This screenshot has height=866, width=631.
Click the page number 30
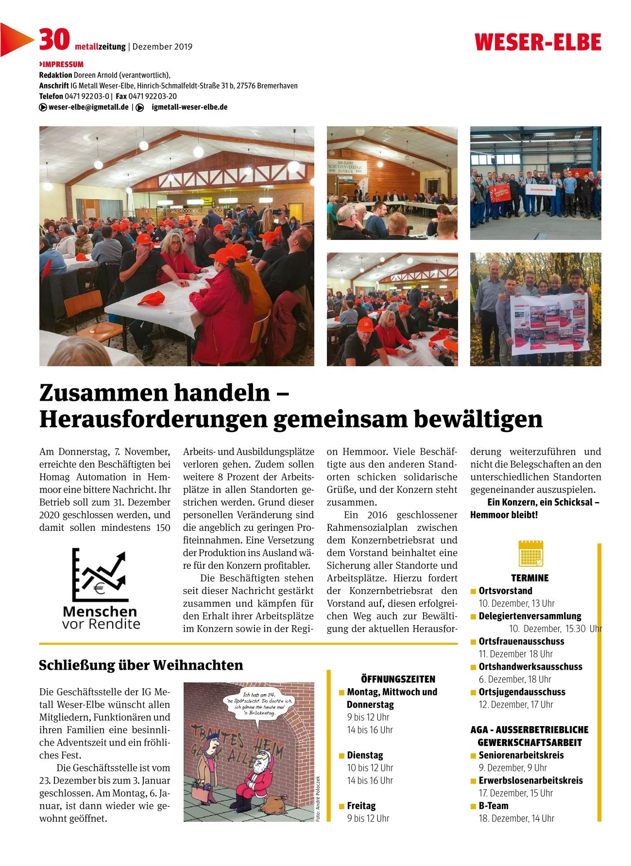point(54,40)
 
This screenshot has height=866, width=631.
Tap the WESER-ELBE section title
point(538,43)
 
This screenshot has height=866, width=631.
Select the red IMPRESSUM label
point(61,64)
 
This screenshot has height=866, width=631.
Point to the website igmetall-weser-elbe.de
point(189,107)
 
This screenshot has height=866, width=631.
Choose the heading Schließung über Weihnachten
point(141,664)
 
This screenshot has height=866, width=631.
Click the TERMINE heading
point(529,578)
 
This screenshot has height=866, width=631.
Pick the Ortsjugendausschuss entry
point(522,692)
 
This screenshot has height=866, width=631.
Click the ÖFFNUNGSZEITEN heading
point(398,679)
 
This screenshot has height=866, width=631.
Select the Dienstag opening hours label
point(365,755)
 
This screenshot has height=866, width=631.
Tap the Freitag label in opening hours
point(361,806)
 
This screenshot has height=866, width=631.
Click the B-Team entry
point(494,806)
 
